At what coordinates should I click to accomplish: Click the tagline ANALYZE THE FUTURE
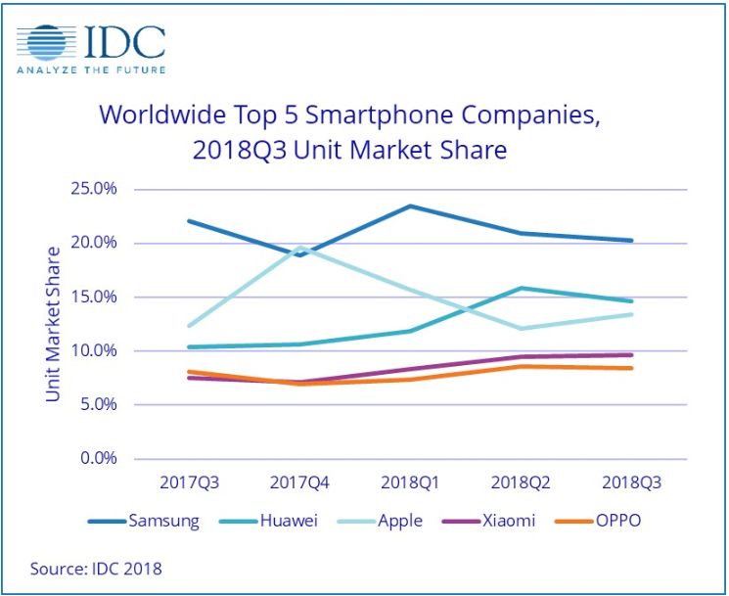90,69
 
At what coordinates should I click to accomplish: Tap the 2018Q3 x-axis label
631,483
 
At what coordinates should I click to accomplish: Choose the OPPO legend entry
617,520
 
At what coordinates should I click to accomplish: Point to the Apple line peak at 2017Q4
298,248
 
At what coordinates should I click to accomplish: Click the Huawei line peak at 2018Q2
521,288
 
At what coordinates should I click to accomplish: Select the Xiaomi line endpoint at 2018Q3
631,354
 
